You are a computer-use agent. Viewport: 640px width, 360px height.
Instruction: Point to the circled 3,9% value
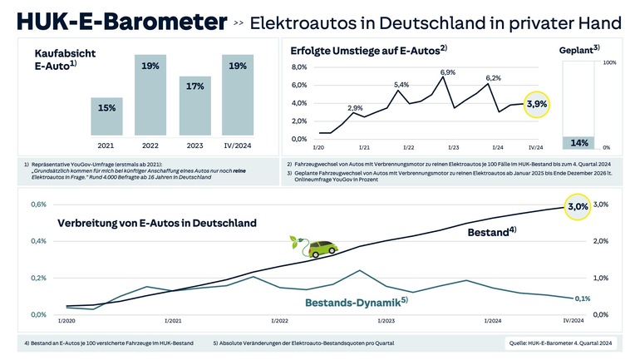click(x=537, y=105)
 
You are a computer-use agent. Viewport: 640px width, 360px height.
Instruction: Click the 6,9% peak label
click(x=448, y=73)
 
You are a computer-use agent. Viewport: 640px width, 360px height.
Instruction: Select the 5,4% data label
click(x=401, y=85)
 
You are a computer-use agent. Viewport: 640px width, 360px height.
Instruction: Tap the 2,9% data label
click(x=355, y=108)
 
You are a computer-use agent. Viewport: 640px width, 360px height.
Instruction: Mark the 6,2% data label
click(x=494, y=77)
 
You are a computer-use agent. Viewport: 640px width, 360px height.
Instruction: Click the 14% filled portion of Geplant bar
click(x=579, y=142)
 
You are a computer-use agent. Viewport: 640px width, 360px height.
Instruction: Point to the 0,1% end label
click(x=582, y=298)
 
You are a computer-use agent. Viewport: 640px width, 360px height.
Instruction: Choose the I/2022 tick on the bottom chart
click(x=279, y=320)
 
